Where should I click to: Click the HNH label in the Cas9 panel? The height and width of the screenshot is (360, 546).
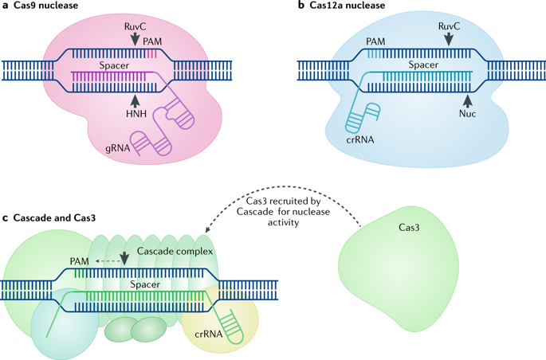(x=136, y=113)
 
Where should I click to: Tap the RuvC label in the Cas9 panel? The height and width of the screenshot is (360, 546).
(x=136, y=27)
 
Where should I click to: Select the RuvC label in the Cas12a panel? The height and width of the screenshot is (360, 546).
(x=449, y=26)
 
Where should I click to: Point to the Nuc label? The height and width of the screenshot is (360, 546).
(x=467, y=114)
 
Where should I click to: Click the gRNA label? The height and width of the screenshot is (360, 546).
(x=118, y=148)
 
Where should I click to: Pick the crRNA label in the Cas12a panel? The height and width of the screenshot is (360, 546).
(x=360, y=140)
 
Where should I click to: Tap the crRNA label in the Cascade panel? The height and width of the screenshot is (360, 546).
(x=209, y=335)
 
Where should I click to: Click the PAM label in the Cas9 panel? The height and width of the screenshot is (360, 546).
(x=152, y=41)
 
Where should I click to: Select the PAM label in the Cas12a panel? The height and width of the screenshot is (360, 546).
(x=375, y=41)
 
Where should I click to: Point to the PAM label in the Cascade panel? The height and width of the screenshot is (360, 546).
(x=80, y=261)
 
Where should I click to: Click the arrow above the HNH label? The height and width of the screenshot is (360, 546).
(x=135, y=100)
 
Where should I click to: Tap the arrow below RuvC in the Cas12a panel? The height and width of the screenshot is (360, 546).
(x=449, y=39)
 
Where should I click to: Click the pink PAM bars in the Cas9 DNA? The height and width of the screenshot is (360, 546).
(x=151, y=53)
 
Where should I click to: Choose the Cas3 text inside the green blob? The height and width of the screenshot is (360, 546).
(x=409, y=228)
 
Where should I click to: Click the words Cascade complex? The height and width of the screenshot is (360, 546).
(x=175, y=251)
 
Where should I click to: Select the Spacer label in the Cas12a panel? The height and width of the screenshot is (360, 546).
(x=423, y=65)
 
